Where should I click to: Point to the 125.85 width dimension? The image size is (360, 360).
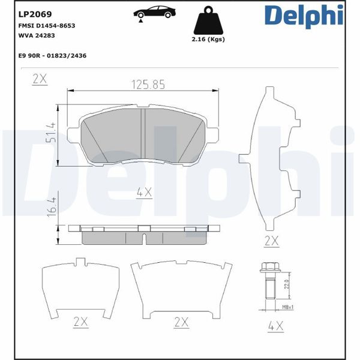(x=148, y=85)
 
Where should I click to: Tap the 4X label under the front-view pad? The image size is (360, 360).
(x=144, y=192)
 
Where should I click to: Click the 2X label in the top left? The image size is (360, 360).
(x=40, y=78)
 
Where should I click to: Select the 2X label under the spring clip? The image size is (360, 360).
(x=272, y=241)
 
